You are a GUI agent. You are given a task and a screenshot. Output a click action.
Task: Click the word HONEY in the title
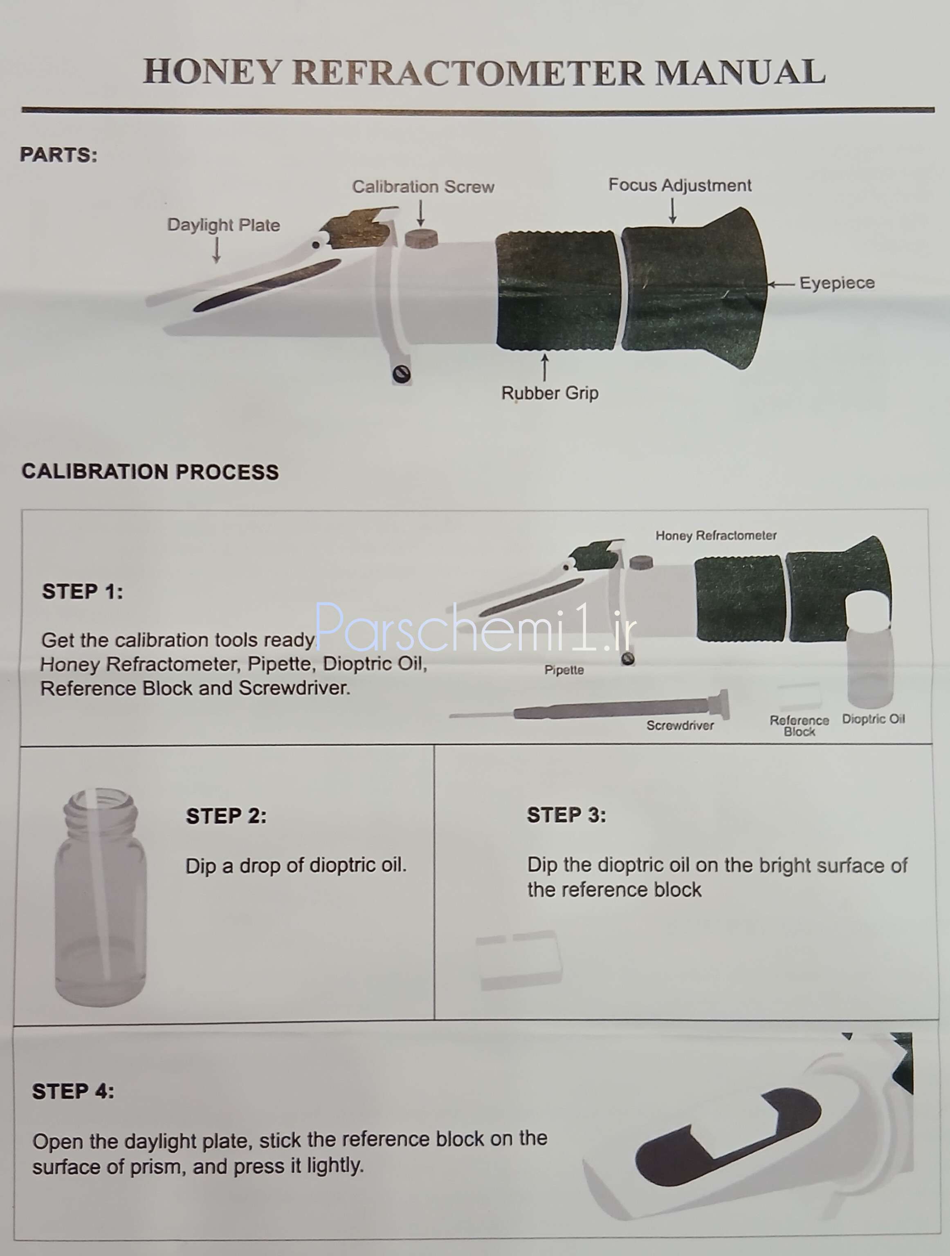pos(212,72)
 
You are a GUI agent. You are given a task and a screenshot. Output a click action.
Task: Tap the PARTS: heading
pos(58,155)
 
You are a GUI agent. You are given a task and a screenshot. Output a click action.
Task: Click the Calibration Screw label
pos(423,187)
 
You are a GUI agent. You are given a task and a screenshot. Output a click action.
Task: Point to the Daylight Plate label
pos(224,225)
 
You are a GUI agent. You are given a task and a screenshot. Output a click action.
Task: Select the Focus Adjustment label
pos(680,185)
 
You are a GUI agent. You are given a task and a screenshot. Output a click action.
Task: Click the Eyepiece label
pos(837,283)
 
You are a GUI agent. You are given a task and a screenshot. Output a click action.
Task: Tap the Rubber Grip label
pos(550,393)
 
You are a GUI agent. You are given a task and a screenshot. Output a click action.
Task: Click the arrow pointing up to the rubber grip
pos(545,368)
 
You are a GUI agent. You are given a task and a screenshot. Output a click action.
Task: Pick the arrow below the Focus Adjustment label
pos(673,210)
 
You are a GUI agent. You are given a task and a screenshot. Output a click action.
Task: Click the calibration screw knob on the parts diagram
pos(421,238)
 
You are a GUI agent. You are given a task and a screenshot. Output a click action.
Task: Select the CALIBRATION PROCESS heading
pos(150,472)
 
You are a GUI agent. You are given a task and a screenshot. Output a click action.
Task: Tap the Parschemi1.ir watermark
pos(475,628)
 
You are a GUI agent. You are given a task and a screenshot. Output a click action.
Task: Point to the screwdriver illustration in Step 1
pos(591,709)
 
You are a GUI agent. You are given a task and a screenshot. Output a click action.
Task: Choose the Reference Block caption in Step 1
pos(800,726)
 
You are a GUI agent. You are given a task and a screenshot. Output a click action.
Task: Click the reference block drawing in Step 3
pos(519,960)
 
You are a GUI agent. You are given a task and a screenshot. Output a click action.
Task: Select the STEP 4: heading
pos(73,1091)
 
